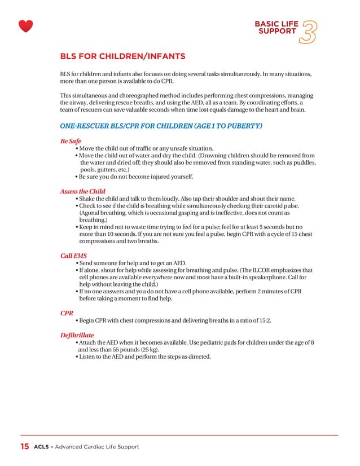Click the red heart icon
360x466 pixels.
pyautogui.click(x=25, y=26)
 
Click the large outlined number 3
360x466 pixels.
pyautogui.click(x=309, y=32)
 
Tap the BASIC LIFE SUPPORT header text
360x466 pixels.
pyautogui.click(x=276, y=28)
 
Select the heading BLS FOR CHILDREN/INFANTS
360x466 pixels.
pyautogui.click(x=122, y=56)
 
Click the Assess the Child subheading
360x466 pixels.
pyautogui.click(x=82, y=191)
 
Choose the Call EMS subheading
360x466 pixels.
pyautogui.click(x=73, y=256)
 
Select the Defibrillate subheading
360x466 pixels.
pyautogui.click(x=77, y=335)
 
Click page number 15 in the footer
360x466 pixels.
pyautogui.click(x=25, y=447)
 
